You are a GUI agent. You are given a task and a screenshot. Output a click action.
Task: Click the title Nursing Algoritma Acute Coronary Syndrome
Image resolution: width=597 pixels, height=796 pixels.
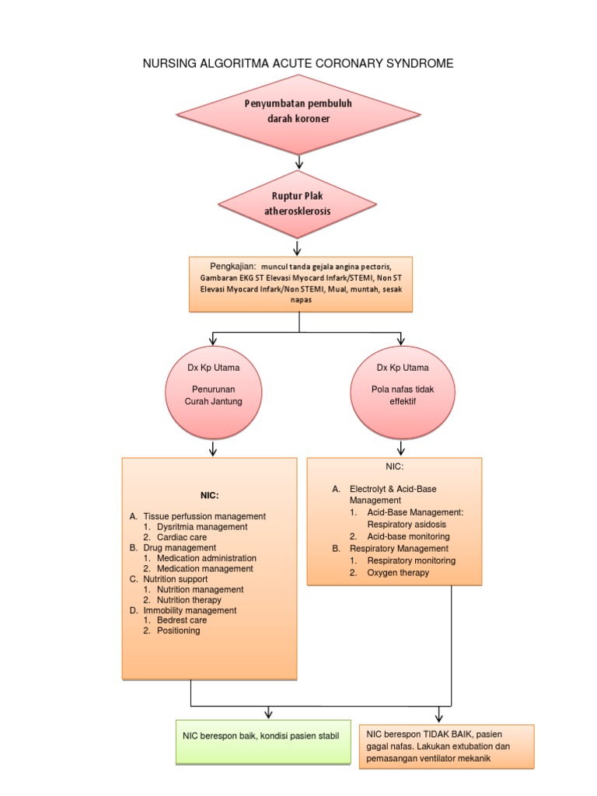pos(298,63)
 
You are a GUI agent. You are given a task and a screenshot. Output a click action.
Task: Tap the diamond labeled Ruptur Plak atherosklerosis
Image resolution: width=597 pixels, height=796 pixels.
pos(298,204)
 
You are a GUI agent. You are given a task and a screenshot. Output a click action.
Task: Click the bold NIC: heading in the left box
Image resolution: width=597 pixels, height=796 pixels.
pos(208,495)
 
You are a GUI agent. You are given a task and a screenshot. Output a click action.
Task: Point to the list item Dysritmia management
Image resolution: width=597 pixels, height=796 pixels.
pos(201,527)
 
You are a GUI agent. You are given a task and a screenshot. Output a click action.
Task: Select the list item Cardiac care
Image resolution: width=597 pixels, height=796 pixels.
pos(182,537)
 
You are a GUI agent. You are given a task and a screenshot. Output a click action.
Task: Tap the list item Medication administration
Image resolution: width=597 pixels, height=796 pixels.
pos(206,558)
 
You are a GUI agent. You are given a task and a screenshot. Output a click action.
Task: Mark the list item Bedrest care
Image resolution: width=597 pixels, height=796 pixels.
pos(182,621)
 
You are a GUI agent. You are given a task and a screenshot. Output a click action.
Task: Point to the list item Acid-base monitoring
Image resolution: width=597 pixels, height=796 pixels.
pos(408,536)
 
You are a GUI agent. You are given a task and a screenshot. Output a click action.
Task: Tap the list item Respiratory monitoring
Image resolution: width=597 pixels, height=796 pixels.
pos(411,560)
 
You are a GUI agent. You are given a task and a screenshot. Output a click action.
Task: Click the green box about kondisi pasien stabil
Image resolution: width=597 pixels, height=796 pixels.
pos(261,735)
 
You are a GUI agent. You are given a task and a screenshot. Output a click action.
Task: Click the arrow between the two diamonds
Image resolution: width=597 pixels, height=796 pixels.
pos(299,162)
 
